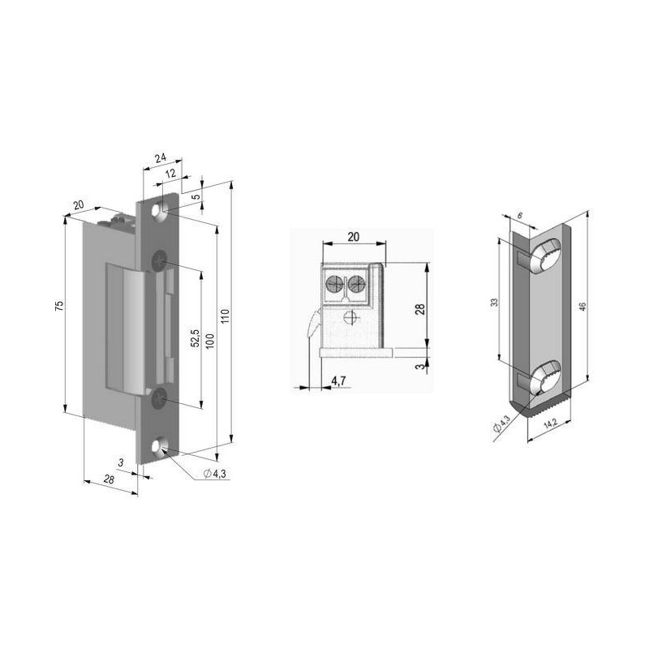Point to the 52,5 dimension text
point(195,338)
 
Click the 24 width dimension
point(161,159)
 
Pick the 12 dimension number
point(170,174)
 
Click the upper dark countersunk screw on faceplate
point(160,260)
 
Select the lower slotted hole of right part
point(544,377)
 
